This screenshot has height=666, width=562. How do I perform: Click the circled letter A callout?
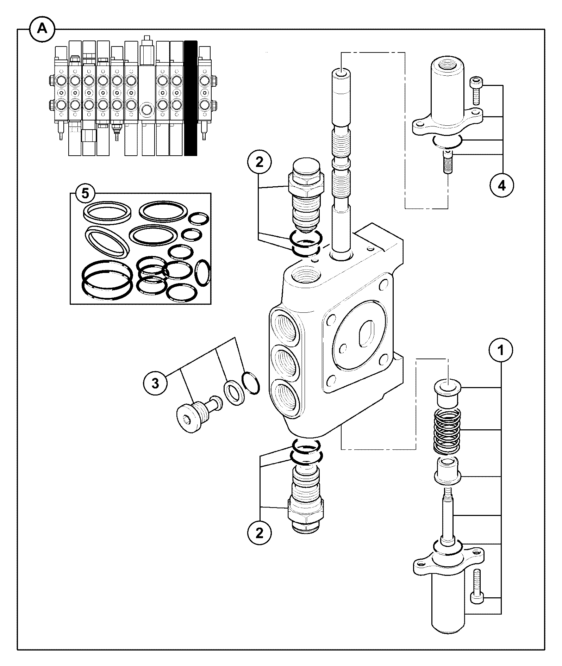point(42,29)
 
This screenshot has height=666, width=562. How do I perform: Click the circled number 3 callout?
point(155,384)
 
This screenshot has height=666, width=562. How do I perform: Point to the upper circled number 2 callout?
point(259,163)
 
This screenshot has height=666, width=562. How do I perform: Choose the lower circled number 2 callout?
point(260,533)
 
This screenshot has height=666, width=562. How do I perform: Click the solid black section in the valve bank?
point(191,98)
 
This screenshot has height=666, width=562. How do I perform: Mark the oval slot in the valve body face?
point(366,334)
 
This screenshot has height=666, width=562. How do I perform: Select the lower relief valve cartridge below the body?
point(305,500)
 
